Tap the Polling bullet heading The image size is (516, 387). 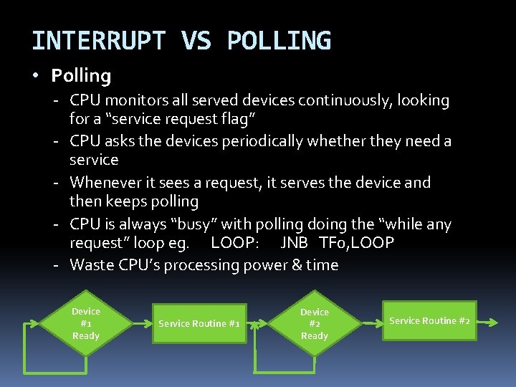[x=81, y=75]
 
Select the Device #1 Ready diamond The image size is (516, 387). [x=86, y=323]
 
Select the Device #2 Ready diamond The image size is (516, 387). [x=314, y=324]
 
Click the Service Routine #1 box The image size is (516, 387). [x=199, y=323]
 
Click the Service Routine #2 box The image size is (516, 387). [x=429, y=320]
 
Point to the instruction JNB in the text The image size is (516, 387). [x=295, y=243]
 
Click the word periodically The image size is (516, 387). [x=274, y=142]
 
